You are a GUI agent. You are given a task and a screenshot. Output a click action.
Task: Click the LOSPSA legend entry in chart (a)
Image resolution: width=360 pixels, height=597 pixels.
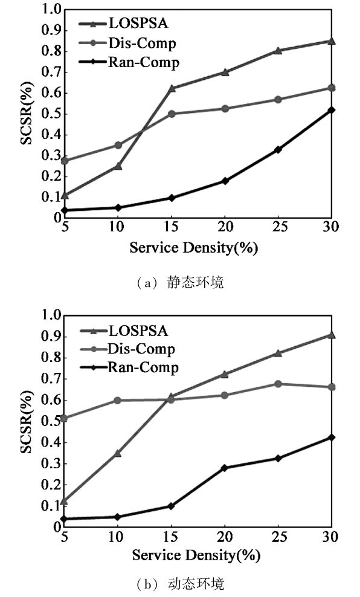[123, 23]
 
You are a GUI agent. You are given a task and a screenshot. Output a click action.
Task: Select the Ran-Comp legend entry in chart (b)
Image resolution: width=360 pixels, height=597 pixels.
[129, 367]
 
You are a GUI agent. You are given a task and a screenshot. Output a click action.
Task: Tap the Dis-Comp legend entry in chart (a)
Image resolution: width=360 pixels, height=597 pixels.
[127, 43]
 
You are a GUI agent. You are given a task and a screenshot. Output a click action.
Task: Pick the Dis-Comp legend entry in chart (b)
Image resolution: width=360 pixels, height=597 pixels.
[127, 349]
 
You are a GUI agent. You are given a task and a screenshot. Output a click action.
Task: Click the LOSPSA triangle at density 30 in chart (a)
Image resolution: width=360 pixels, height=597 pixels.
[332, 40]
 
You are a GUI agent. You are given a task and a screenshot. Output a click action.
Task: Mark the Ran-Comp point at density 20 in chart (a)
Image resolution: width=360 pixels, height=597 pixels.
[225, 181]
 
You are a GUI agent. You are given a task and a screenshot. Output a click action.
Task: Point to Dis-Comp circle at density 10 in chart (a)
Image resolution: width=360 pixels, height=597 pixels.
[118, 145]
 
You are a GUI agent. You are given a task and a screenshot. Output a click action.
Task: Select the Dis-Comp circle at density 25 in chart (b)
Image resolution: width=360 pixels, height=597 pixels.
[278, 384]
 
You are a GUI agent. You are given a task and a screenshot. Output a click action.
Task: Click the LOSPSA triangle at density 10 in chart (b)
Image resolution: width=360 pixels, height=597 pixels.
[118, 453]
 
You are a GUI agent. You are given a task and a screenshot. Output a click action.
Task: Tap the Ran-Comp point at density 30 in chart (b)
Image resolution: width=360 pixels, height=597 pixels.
[332, 437]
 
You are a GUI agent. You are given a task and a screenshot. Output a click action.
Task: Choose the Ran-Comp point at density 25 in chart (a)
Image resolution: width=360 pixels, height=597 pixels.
[278, 150]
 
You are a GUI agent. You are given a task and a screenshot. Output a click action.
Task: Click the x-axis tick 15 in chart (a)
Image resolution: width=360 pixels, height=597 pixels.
[171, 227]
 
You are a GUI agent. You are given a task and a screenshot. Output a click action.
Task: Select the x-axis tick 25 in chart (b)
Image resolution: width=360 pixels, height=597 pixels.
[278, 537]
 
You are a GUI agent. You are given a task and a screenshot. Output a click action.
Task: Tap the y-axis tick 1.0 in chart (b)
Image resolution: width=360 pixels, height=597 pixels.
[52, 315]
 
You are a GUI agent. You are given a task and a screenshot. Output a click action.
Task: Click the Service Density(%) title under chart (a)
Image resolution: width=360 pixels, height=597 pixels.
[194, 248]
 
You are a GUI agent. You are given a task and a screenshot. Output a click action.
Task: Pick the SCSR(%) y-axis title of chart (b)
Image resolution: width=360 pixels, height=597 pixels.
[27, 422]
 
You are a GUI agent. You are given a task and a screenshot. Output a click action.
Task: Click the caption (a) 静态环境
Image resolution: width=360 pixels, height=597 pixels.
[181, 283]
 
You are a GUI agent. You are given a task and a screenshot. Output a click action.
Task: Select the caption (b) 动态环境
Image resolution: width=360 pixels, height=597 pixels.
[181, 583]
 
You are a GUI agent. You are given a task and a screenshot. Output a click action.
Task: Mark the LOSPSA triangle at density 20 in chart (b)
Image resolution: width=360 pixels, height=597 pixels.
[225, 374]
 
